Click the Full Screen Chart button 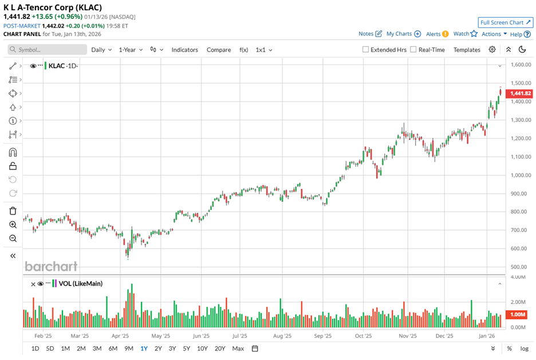point(506,22)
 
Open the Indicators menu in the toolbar point(184,50)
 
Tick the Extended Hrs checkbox point(366,50)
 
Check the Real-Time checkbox point(413,50)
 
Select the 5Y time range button point(187,349)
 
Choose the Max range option point(238,349)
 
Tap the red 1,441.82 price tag point(521,93)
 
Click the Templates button point(467,50)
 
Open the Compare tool point(219,50)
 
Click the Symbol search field point(48,50)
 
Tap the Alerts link point(433,34)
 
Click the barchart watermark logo point(51,266)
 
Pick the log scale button point(524,349)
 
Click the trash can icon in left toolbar point(13,211)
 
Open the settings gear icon point(492,50)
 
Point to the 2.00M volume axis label point(518,302)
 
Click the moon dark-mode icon point(522,50)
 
